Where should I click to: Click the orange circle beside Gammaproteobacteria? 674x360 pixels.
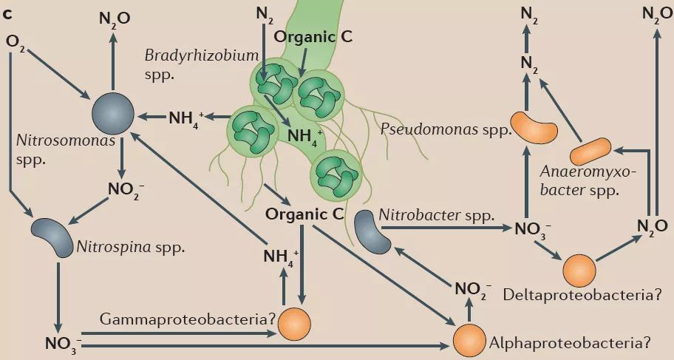295,323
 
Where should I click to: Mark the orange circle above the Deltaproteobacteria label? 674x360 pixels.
579,271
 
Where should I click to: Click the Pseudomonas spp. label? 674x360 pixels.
446,130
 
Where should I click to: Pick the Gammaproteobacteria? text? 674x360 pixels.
181,319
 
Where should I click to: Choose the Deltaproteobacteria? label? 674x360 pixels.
581,295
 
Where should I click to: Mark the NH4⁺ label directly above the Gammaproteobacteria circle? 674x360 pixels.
282,258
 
